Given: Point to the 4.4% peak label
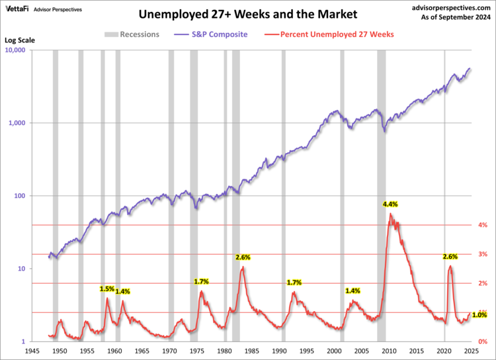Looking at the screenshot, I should click(390, 204).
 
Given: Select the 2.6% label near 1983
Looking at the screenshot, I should click(243, 257).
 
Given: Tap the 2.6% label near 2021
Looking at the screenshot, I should click(450, 257).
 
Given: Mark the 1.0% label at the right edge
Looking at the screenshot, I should click(479, 314).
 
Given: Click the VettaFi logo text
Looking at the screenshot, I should click(20, 7).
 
